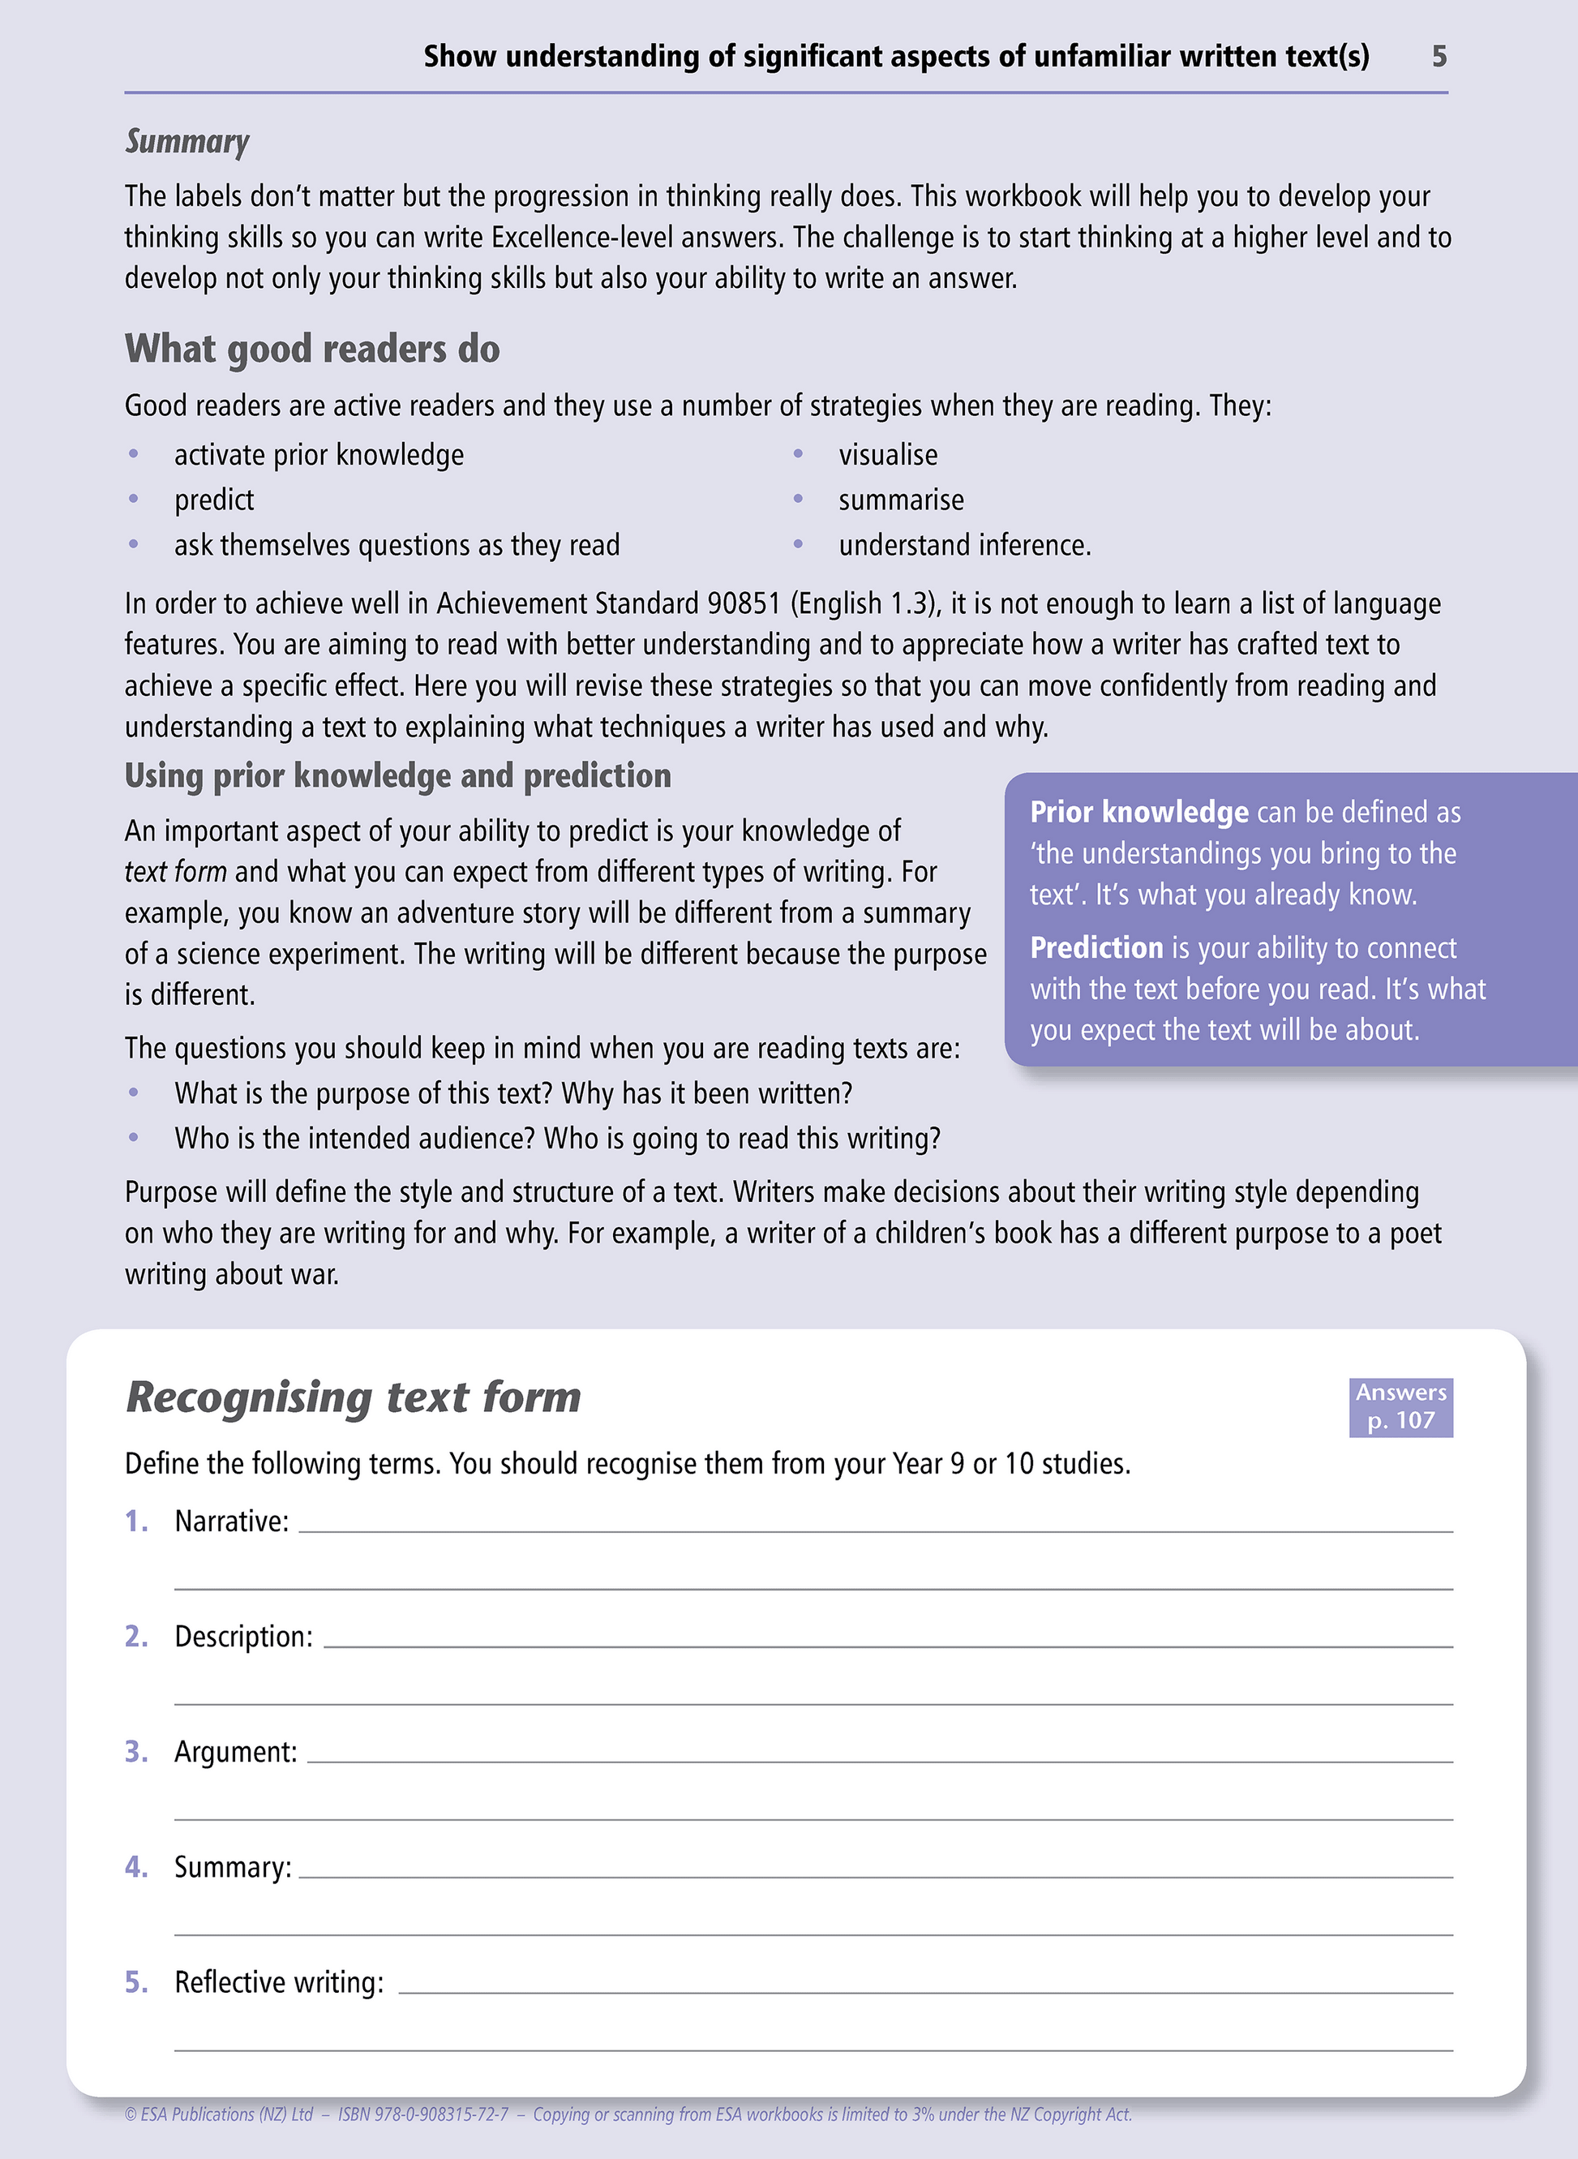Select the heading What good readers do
click(312, 350)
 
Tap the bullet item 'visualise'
click(887, 456)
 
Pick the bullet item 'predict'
click(214, 500)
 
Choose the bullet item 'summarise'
click(901, 500)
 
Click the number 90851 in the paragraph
click(743, 603)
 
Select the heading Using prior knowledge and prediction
click(397, 775)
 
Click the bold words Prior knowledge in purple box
click(1138, 812)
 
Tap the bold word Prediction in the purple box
click(1096, 947)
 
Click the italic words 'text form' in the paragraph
click(176, 872)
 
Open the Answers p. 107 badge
click(1400, 1406)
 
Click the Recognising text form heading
click(354, 1397)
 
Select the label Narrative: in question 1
click(231, 1522)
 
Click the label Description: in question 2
click(243, 1637)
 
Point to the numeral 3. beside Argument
click(136, 1752)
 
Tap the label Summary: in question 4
click(232, 1868)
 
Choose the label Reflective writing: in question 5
click(279, 1983)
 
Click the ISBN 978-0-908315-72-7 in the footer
click(423, 2114)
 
